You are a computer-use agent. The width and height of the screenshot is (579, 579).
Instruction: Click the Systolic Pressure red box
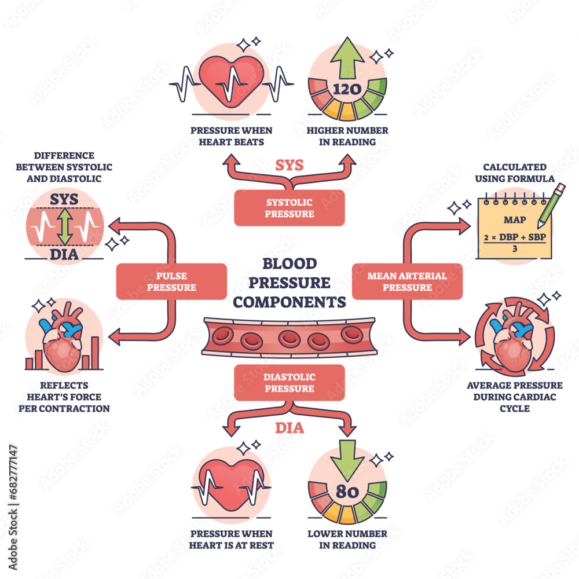(x=289, y=208)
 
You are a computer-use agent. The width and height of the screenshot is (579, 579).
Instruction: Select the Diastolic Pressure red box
(x=289, y=383)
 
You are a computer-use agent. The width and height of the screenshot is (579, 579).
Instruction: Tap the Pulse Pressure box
(x=171, y=281)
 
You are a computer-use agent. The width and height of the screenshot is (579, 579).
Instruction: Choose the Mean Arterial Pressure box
(x=407, y=281)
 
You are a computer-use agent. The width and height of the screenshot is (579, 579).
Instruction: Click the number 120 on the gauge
(x=347, y=89)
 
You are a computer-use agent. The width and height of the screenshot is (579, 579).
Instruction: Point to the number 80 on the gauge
(x=347, y=493)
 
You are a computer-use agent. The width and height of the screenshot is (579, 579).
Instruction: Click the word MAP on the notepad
(x=515, y=220)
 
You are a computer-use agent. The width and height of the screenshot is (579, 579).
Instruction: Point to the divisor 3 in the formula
(x=515, y=250)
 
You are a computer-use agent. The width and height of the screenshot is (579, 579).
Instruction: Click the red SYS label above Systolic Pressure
(x=289, y=165)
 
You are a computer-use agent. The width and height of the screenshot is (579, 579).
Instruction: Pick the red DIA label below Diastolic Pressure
(x=289, y=429)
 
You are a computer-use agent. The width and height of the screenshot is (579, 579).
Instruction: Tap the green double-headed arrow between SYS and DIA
(x=65, y=226)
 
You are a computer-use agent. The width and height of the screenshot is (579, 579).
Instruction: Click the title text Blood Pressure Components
(x=289, y=283)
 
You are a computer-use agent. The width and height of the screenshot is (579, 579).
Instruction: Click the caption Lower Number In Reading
(x=347, y=539)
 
